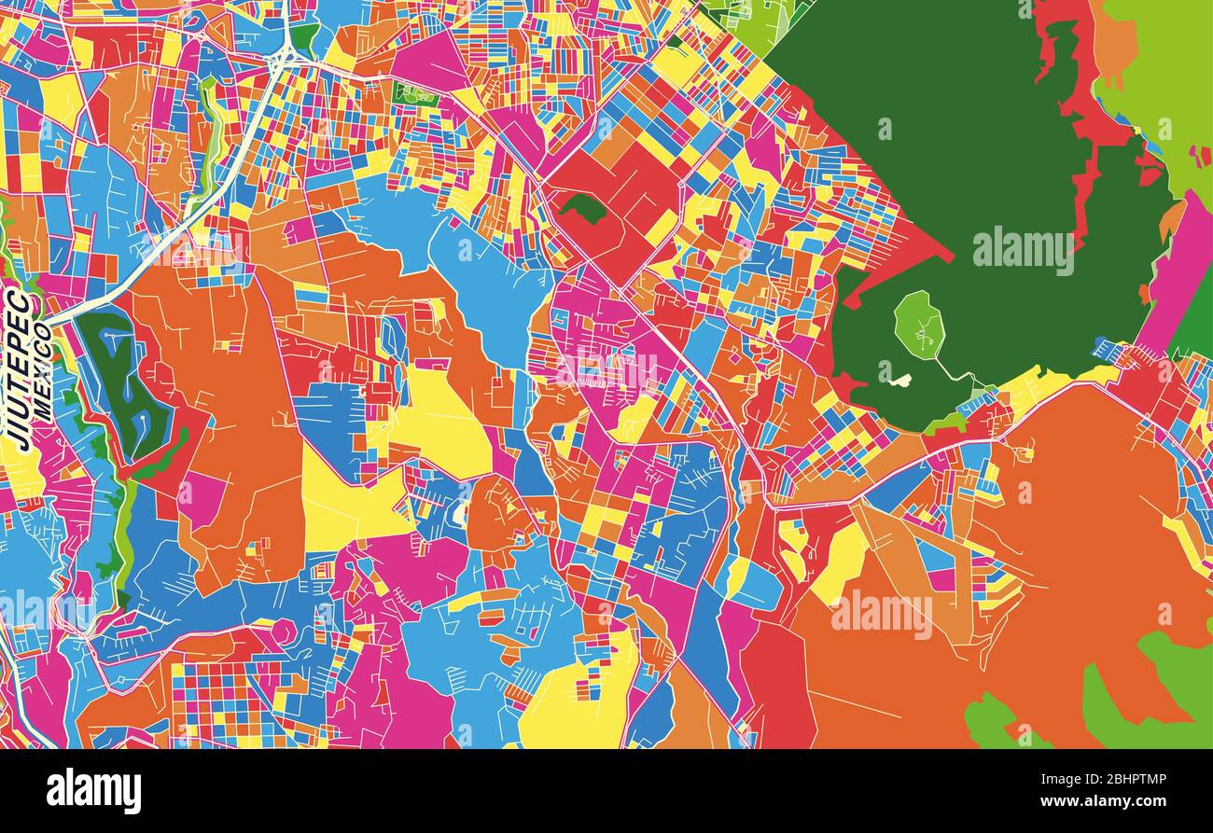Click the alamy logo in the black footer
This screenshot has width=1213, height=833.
93,791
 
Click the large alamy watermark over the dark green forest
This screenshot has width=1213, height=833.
1023,251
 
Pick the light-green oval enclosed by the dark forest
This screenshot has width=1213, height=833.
919,325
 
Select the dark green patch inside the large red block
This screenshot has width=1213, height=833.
583,207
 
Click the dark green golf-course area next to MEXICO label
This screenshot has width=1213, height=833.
121,382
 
